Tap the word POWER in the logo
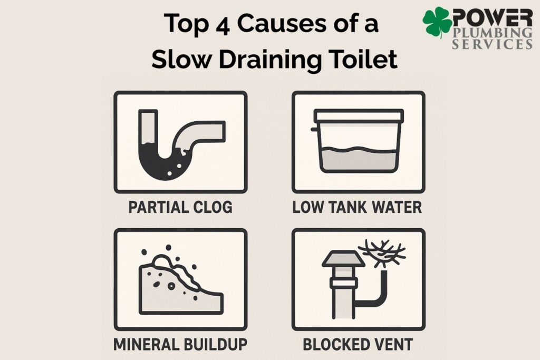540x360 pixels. click(x=492, y=17)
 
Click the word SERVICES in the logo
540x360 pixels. click(x=492, y=44)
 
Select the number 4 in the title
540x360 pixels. click(x=223, y=24)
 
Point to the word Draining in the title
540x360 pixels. click(x=269, y=61)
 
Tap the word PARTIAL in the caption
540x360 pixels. click(x=159, y=207)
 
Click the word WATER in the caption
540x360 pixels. click(x=392, y=207)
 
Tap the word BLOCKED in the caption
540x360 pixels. click(x=336, y=344)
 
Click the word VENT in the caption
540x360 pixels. click(x=393, y=344)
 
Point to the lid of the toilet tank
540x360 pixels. click(x=359, y=116)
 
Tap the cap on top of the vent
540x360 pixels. click(x=343, y=259)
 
